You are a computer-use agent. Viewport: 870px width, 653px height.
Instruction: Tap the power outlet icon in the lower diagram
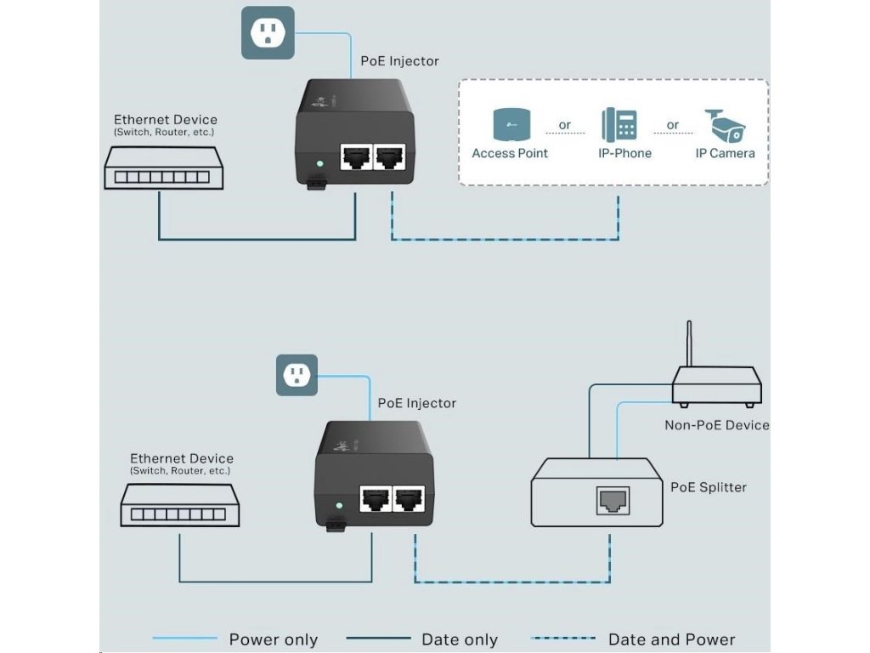(297, 375)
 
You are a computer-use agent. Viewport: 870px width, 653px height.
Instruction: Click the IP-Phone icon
(620, 124)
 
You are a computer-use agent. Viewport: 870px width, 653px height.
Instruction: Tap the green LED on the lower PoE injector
(339, 505)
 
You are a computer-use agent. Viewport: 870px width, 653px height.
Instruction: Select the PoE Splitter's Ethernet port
(613, 502)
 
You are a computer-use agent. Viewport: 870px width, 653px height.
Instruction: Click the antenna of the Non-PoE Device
(689, 344)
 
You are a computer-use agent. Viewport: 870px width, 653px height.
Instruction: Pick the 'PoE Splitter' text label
(709, 487)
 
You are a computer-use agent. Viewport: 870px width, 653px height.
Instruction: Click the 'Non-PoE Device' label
(716, 424)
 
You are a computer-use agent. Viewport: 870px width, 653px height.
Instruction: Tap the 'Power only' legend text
(273, 639)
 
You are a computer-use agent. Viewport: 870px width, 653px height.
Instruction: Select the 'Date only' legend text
(460, 639)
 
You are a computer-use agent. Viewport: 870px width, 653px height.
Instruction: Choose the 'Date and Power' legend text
(671, 639)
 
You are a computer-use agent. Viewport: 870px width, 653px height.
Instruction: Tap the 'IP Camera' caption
(725, 153)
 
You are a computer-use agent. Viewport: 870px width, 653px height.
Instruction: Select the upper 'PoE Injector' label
(400, 61)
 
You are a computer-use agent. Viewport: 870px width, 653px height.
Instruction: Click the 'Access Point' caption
(510, 153)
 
